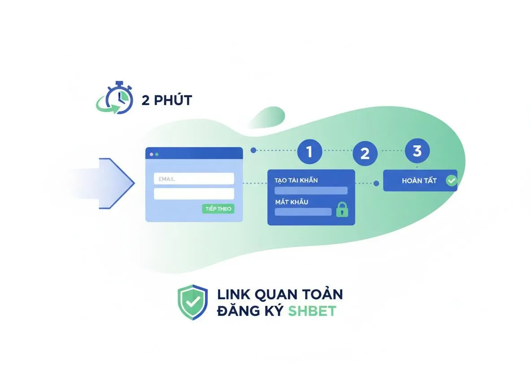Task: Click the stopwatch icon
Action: coord(115,98)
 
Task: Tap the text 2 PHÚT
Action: coord(167,101)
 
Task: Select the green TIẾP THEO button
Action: coord(218,208)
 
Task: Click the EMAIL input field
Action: coord(194,179)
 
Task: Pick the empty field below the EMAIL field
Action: coord(194,194)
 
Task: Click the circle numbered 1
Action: coord(309,151)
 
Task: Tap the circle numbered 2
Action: coord(365,153)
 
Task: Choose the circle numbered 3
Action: coord(417,150)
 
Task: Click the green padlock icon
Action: coord(342,209)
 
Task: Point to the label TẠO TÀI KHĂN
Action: coord(296,181)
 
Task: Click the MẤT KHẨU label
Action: coord(292,202)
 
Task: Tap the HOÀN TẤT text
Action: coord(419,181)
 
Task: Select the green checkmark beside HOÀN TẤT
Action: coord(452,181)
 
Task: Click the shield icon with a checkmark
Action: coord(193,302)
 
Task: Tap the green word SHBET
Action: coord(312,311)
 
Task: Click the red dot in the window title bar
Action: coord(152,154)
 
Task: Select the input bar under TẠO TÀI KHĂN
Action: coord(311,190)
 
